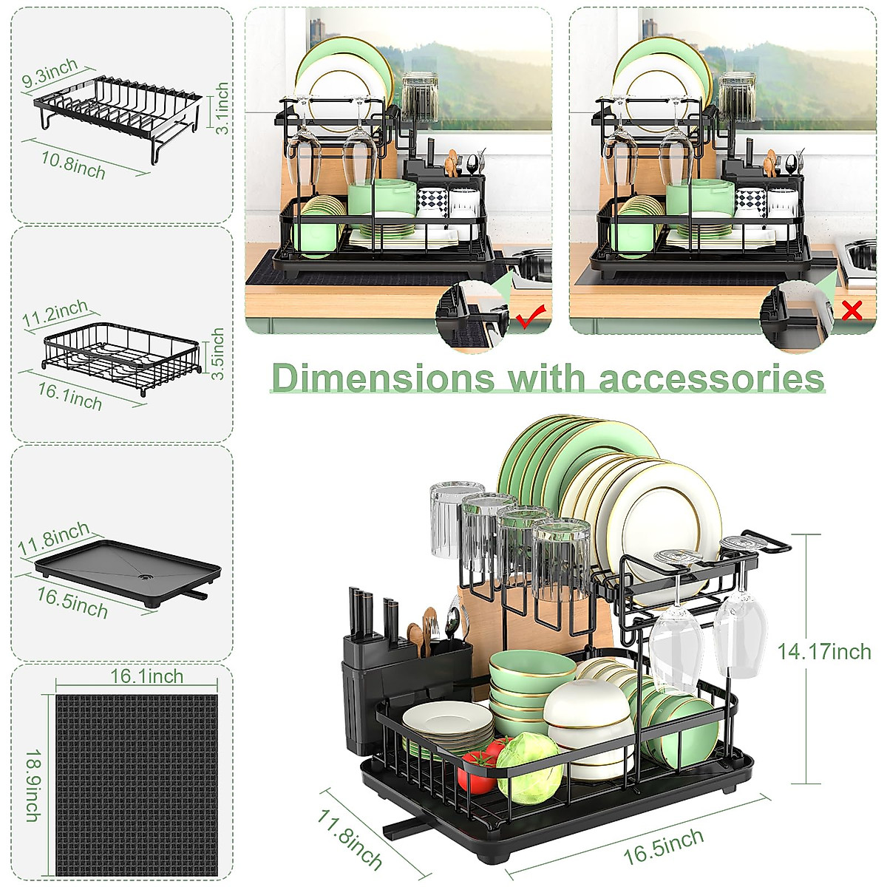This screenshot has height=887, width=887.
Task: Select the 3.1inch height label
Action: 221,107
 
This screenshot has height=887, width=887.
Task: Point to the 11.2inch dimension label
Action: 55,314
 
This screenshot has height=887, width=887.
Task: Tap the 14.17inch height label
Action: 823,651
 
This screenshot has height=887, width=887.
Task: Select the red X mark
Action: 852,310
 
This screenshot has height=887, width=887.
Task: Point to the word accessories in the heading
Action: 711,378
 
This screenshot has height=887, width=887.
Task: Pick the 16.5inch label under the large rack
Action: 664,846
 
